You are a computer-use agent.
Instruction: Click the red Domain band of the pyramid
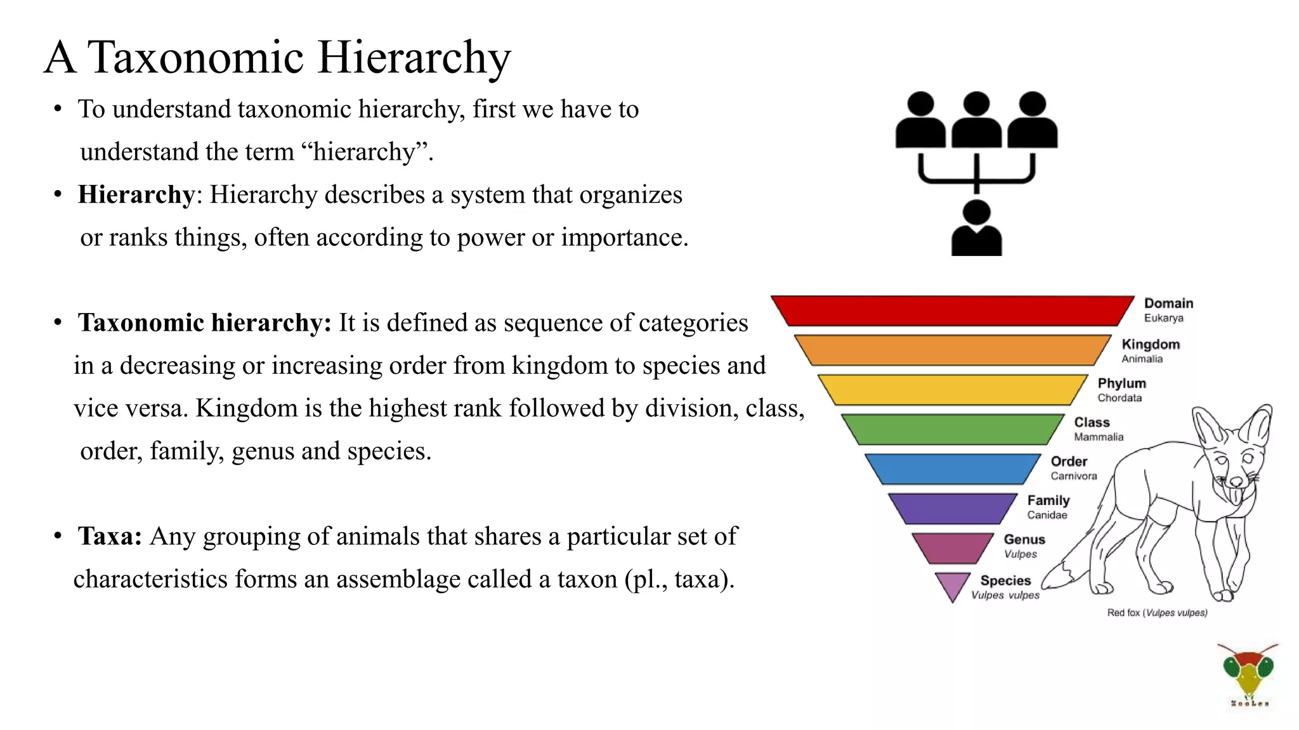click(952, 311)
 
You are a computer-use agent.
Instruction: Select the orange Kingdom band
click(952, 350)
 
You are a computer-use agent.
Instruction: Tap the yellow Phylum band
click(952, 389)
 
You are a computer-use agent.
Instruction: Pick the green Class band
click(952, 429)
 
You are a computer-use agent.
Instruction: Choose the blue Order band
click(952, 469)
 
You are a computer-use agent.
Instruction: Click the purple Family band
click(952, 508)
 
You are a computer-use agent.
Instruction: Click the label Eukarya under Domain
click(1163, 318)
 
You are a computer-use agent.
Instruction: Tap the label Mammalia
click(1099, 437)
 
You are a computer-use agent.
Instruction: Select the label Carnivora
click(1073, 477)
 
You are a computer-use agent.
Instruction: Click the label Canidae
click(1047, 515)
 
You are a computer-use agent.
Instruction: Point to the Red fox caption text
click(1157, 613)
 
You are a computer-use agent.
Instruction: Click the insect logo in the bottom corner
click(1248, 673)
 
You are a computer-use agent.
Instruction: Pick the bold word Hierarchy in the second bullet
click(136, 195)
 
